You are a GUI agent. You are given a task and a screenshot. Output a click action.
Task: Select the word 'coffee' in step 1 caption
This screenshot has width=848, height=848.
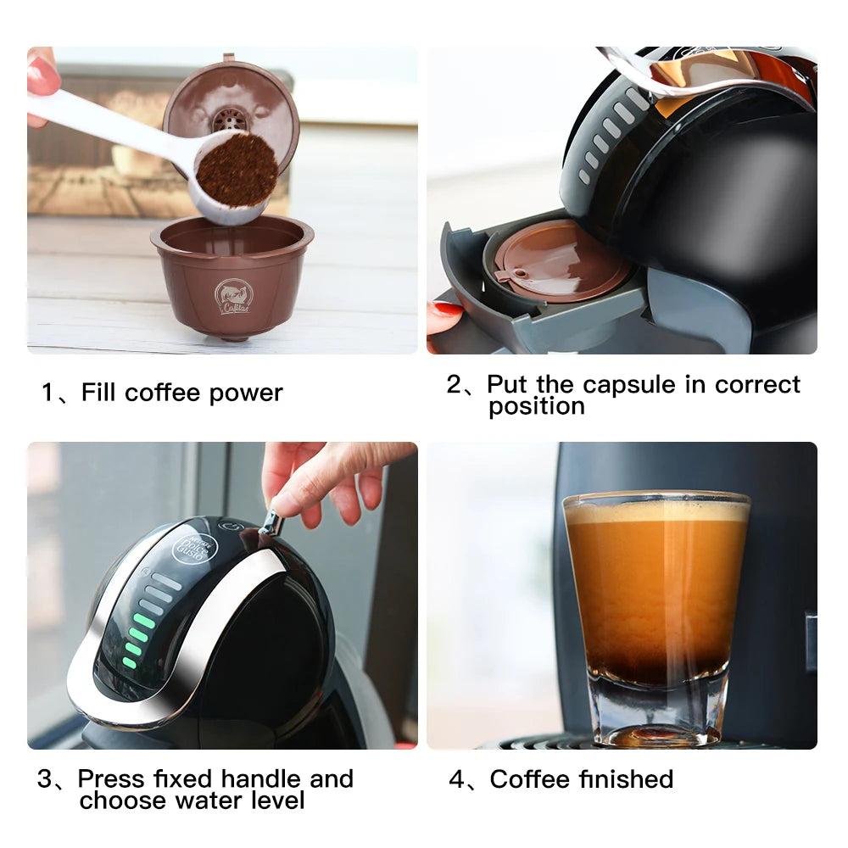point(163,393)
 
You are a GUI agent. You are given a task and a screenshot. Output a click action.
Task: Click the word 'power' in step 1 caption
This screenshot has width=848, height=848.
point(246,393)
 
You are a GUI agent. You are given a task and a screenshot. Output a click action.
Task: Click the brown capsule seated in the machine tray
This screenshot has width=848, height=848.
point(560,259)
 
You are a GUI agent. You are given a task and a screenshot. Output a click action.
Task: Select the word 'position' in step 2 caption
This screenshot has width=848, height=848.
point(536,406)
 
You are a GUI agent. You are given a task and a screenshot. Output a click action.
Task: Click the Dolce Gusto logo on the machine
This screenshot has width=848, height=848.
point(190,547)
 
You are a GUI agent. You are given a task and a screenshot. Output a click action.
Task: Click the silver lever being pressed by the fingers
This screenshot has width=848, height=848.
point(272,522)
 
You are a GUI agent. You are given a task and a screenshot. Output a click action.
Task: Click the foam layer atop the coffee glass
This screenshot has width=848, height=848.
point(656,510)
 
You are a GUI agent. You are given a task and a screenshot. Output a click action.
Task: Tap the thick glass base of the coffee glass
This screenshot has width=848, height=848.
point(658,708)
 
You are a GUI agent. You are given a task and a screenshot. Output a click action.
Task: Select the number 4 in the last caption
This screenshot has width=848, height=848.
point(456,779)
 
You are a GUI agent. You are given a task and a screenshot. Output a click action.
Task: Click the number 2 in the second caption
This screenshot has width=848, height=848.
point(455,384)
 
